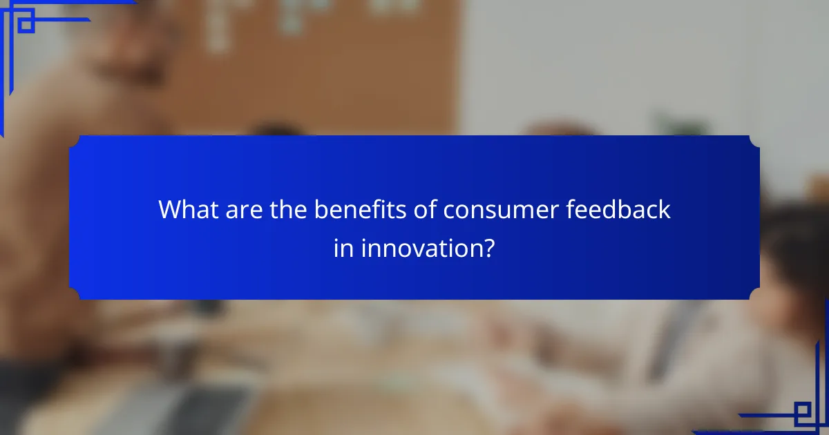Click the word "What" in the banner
tap(187, 209)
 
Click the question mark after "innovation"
tap(489, 247)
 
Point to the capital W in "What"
tap(170, 209)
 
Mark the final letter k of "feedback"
tap(665, 209)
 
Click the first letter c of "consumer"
tap(450, 211)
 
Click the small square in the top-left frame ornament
tap(26, 25)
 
